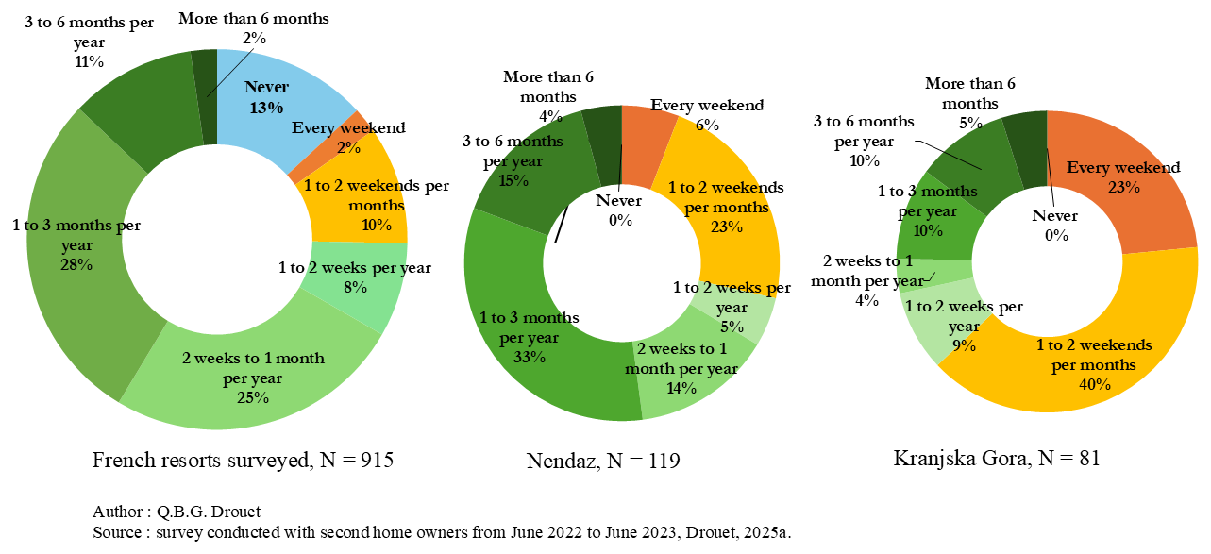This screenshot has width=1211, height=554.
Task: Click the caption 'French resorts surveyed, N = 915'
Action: point(243,461)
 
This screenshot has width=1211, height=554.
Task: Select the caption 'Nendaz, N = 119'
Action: point(603,461)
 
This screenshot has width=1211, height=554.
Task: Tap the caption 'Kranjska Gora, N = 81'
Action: point(997,460)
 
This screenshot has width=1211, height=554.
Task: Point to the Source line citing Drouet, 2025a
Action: point(442,533)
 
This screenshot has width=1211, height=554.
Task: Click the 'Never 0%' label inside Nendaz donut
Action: point(619,210)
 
